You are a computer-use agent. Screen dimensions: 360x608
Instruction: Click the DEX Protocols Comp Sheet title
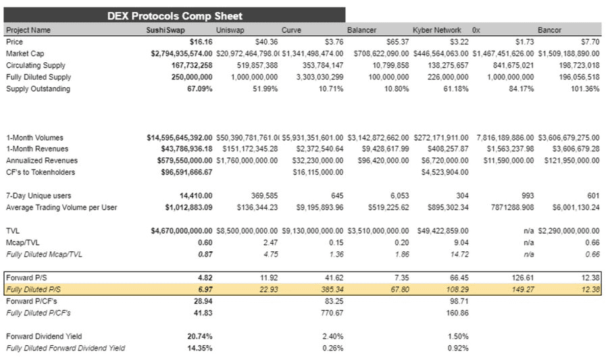174,16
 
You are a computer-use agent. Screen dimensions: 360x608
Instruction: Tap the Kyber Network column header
436,30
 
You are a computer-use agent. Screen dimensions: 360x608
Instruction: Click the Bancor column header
549,30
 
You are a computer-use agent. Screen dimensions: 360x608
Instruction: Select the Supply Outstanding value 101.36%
584,89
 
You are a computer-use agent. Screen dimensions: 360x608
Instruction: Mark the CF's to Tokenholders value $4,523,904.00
444,172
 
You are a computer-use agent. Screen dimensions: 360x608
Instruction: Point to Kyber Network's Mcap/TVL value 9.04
460,242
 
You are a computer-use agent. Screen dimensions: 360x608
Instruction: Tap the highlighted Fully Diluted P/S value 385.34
331,289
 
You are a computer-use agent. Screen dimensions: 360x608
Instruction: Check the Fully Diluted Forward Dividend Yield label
65,348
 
